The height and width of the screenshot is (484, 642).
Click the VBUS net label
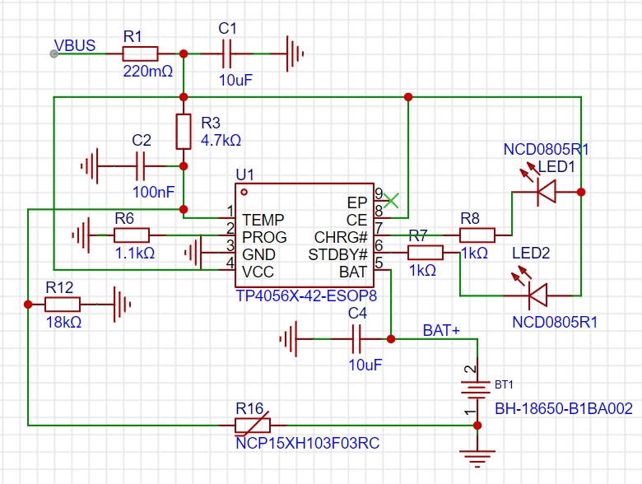[75, 45]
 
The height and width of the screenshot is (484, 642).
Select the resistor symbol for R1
[140, 54]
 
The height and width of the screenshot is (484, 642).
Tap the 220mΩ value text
[148, 72]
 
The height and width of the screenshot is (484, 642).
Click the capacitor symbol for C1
[226, 54]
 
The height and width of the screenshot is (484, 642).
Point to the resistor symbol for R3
[184, 132]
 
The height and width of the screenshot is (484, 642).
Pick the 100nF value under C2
[154, 192]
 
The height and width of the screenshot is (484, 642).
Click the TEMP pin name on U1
[263, 220]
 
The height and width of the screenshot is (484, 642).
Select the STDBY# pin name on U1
[337, 254]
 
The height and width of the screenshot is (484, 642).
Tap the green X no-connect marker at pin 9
[392, 200]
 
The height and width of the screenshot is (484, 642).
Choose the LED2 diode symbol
[538, 296]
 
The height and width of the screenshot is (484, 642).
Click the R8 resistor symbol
[477, 235]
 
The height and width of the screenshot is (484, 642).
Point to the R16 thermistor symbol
[253, 426]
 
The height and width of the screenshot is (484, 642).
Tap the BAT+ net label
[441, 330]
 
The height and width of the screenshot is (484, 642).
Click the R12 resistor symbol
[63, 305]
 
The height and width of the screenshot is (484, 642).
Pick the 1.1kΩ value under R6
[135, 253]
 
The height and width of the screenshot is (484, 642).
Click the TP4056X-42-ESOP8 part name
[306, 296]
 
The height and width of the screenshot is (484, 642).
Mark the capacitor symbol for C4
[356, 339]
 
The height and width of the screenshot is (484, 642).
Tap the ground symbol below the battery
[477, 458]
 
